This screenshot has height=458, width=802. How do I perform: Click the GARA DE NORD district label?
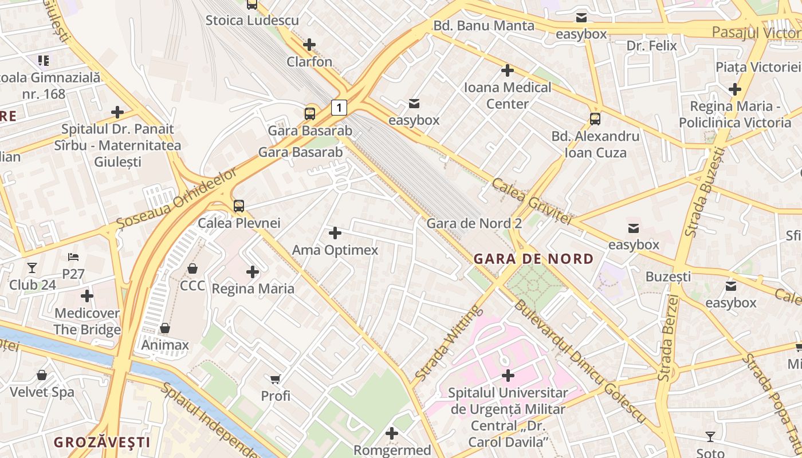[533, 259]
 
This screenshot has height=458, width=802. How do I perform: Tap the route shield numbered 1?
[340, 107]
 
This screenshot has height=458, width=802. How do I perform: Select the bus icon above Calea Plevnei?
[239, 206]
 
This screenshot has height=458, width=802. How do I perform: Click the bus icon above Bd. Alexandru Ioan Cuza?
[595, 119]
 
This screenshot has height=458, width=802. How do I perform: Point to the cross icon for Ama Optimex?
[335, 233]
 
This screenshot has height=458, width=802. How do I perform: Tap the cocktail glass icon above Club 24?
[32, 267]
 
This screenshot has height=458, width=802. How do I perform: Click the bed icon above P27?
[73, 257]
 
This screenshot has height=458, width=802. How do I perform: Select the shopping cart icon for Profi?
[276, 378]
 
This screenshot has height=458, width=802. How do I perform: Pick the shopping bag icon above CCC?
[192, 269]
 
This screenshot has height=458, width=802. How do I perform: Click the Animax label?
[165, 345]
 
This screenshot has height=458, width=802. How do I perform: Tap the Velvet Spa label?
[42, 392]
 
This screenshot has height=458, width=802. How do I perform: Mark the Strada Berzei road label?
[669, 338]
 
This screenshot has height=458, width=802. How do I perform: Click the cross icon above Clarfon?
[309, 45]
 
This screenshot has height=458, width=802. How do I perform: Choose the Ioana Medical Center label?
[507, 96]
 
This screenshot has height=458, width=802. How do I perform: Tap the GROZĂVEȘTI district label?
[102, 442]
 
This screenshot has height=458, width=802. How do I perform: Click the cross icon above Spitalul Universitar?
[508, 376]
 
